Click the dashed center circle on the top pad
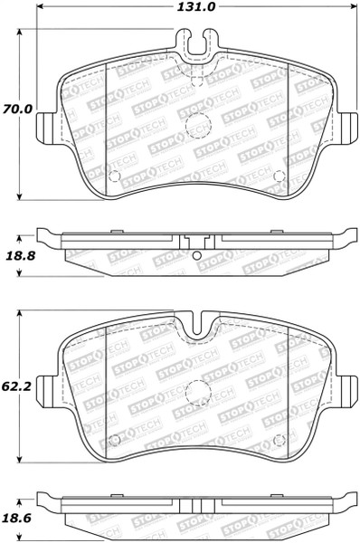click(195, 129)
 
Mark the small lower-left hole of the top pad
click(114, 174)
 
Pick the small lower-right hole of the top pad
click(279, 175)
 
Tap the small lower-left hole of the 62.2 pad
click(114, 441)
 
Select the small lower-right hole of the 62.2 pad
click(279, 441)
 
